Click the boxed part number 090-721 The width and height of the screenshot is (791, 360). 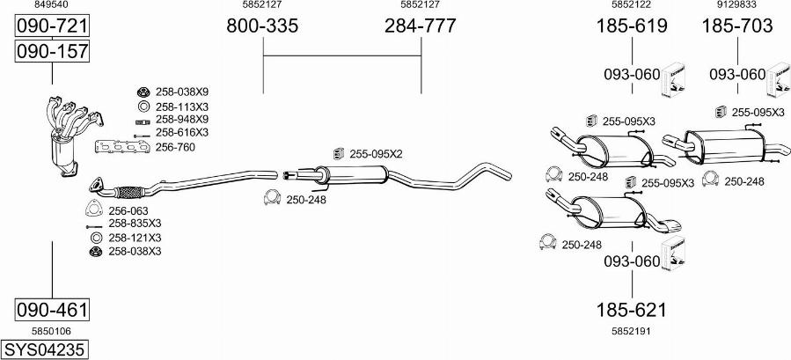tap(52, 26)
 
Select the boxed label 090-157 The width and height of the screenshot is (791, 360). tap(52, 51)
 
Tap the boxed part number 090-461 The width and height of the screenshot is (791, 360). tap(52, 309)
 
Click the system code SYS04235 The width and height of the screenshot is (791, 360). tap(44, 349)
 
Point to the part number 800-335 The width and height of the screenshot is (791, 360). tap(262, 26)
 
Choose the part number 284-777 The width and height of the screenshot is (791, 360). tap(421, 26)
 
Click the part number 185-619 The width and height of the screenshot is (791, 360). tap(632, 26)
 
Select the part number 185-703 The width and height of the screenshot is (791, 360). tap(737, 26)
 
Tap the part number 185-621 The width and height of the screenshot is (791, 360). tap(632, 310)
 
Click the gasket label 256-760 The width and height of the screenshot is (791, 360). tap(175, 148)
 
